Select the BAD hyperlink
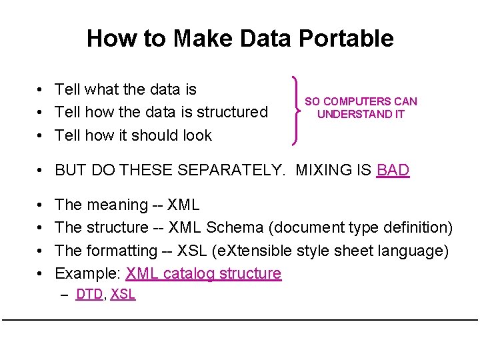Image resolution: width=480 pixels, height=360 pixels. click(393, 170)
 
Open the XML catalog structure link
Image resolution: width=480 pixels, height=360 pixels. click(203, 273)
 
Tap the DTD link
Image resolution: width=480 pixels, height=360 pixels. click(89, 294)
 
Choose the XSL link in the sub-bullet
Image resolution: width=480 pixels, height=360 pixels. click(123, 294)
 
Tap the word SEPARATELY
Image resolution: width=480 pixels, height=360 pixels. click(229, 170)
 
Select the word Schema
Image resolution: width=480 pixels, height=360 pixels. click(235, 227)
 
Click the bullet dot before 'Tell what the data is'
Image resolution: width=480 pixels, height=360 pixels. click(41, 90)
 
